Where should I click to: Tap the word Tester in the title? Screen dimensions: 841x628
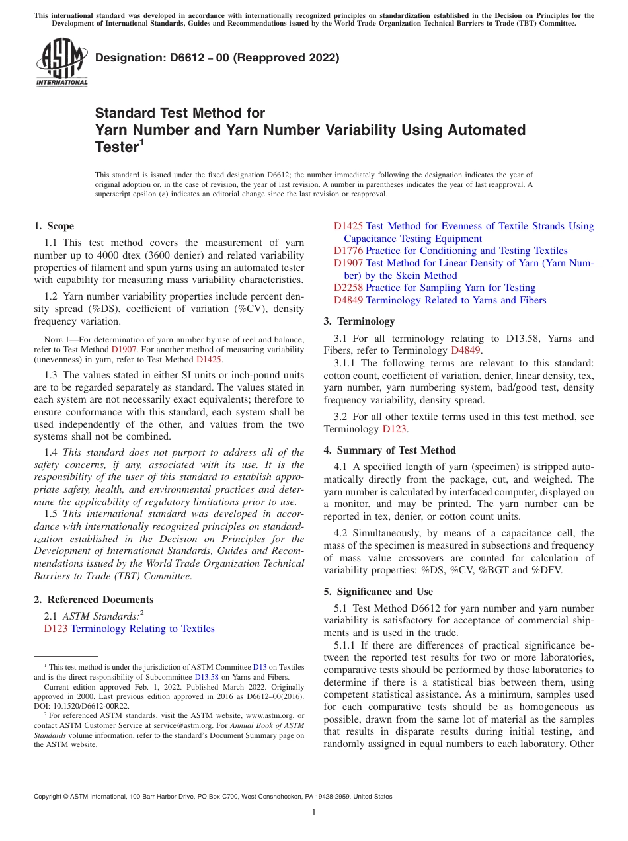tap(116, 147)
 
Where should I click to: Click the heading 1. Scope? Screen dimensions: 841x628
tap(54, 226)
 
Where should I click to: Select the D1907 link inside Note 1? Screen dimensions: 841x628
tap(124, 349)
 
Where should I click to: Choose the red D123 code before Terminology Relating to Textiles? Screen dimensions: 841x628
tap(56, 629)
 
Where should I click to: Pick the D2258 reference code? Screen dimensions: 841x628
tap(348, 288)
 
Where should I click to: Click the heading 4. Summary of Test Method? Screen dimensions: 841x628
tap(389, 450)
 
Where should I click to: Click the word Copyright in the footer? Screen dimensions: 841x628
tap(50, 797)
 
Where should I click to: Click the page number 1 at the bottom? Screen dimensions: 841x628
tap(314, 813)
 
